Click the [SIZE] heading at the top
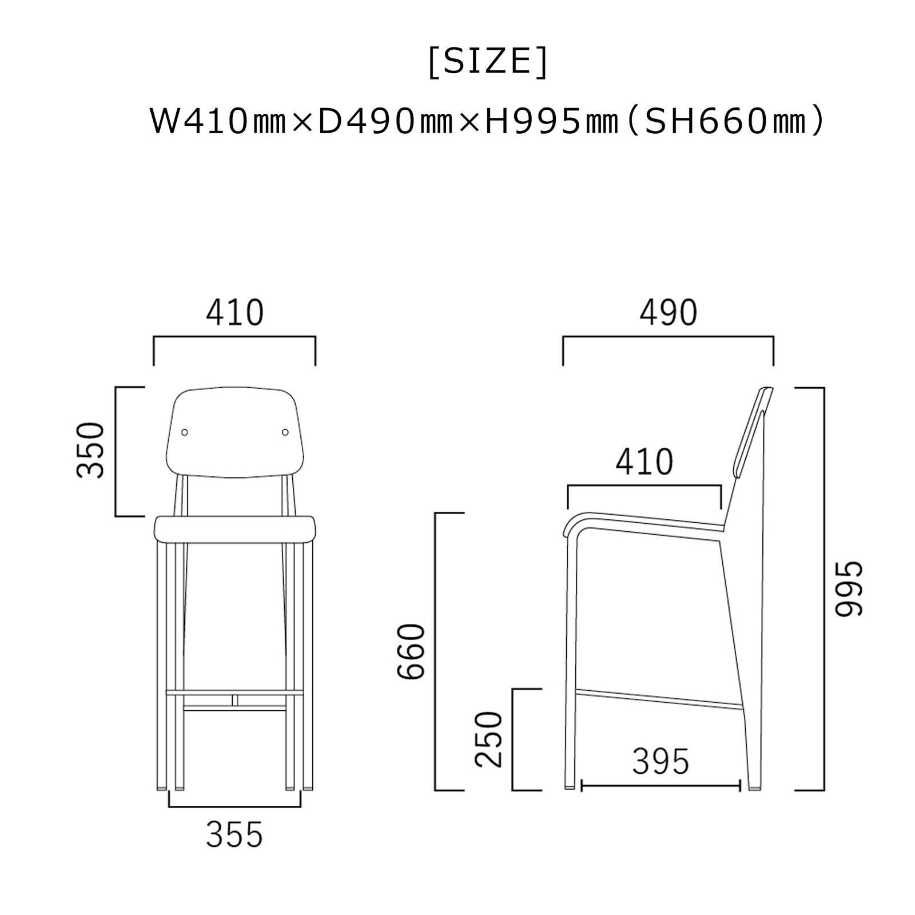[x=488, y=62]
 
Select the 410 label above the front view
[x=234, y=313]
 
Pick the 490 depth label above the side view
[x=669, y=313]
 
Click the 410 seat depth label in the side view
[x=645, y=462]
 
